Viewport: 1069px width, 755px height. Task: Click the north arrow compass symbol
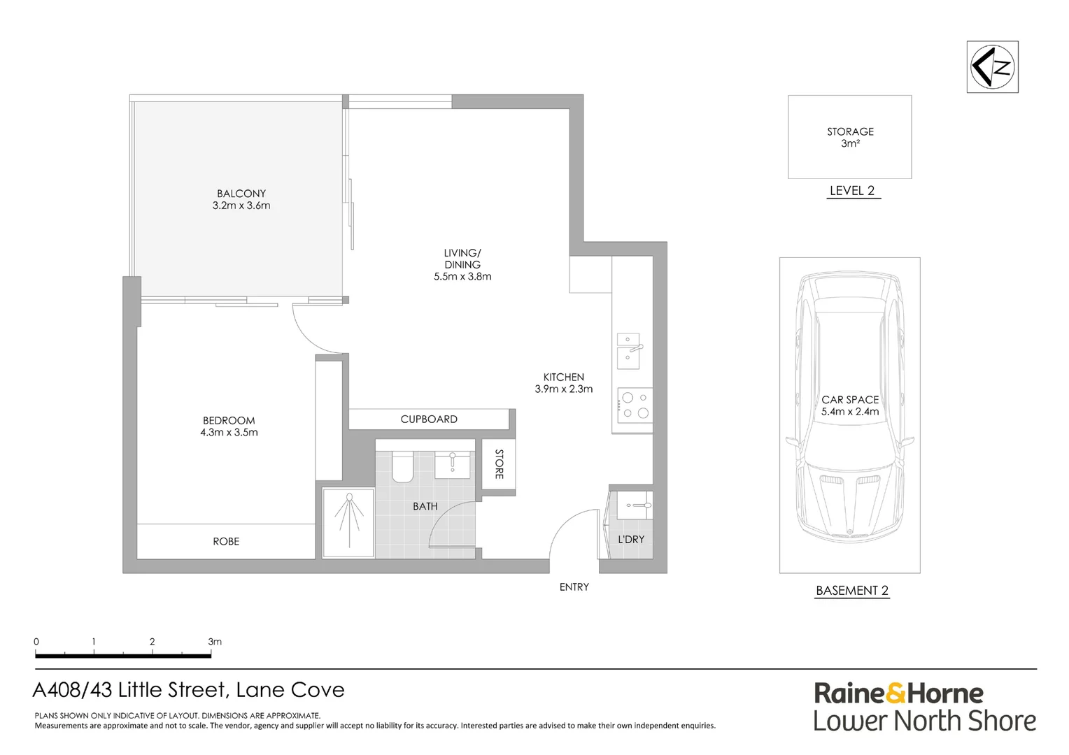992,67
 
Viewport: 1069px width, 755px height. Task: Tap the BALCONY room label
241,194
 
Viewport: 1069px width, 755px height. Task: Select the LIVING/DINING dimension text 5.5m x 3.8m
462,276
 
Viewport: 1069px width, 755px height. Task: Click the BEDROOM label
229,420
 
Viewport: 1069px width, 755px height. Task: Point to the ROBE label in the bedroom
226,541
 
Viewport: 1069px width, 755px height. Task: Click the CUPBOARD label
429,419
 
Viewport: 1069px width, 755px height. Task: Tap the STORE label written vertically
499,463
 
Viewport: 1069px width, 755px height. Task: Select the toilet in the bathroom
402,467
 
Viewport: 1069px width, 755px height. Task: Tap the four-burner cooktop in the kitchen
635,405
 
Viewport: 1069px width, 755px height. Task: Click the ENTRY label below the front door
574,587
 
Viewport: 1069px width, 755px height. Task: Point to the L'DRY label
631,539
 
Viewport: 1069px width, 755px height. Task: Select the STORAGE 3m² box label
850,137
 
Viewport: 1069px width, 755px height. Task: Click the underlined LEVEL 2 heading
852,191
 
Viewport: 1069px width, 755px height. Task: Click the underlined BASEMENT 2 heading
852,591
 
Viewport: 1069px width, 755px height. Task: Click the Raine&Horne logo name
898,693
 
